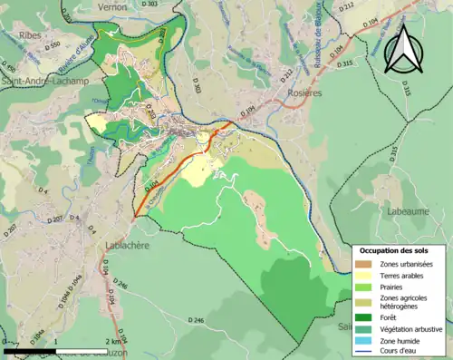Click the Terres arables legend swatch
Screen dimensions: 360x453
pyautogui.click(x=362, y=276)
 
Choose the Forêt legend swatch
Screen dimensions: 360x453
pyautogui.click(x=362, y=317)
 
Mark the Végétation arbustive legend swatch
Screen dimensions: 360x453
pyautogui.click(x=362, y=328)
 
